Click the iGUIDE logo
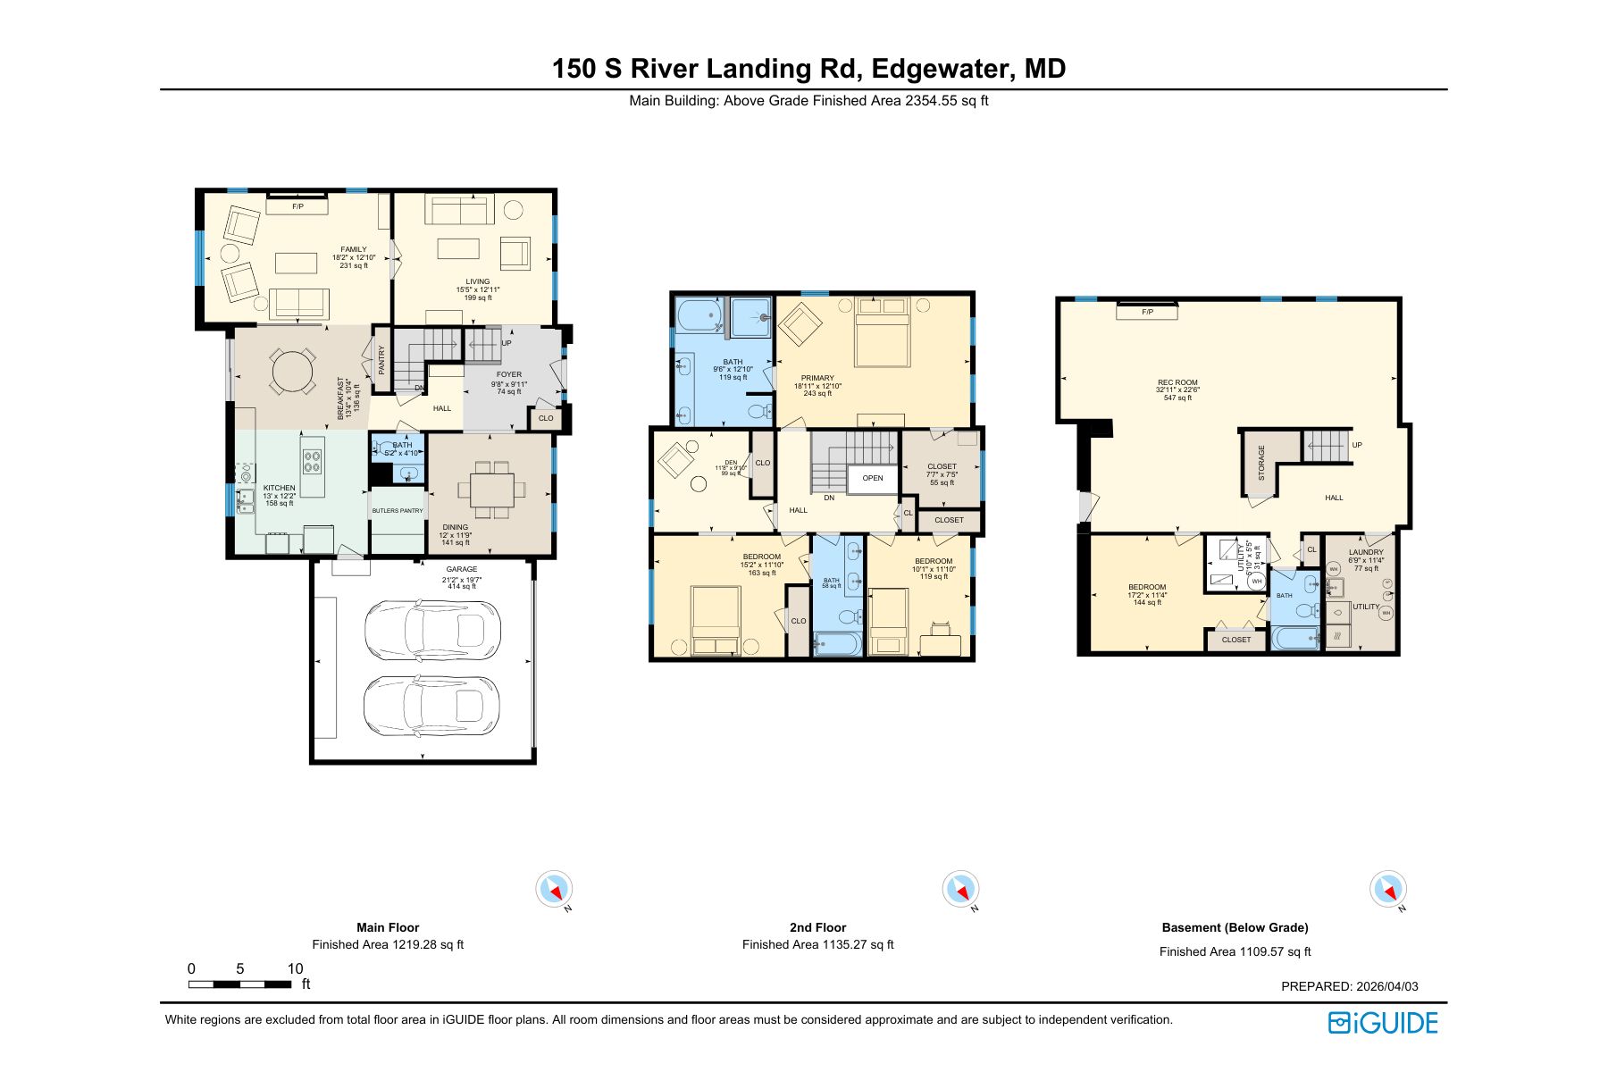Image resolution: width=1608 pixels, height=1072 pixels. [1383, 1023]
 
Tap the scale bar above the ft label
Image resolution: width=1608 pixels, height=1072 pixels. [239, 984]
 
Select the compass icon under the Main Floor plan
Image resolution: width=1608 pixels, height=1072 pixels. [554, 889]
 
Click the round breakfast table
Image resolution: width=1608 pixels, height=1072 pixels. [293, 372]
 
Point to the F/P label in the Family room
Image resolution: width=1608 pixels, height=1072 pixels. [297, 206]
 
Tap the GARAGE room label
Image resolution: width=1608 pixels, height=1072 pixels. [462, 569]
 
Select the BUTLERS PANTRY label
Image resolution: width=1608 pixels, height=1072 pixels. [398, 511]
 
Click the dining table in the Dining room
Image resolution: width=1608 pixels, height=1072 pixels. [486, 490]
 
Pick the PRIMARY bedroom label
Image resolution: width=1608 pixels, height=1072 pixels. [817, 378]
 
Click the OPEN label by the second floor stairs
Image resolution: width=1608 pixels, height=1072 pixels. [873, 478]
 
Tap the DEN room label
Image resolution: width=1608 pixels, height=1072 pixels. [731, 462]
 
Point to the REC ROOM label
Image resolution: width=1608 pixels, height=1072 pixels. [1177, 382]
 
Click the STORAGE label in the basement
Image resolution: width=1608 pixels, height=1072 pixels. [1261, 463]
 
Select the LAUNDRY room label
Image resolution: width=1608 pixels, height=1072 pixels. [1366, 552]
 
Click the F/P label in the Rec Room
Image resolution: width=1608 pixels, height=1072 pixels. [1147, 312]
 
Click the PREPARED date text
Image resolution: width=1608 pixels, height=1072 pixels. [1350, 986]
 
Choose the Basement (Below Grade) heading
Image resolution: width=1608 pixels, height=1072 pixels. [1235, 927]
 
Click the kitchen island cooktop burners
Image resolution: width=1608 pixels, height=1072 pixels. [312, 461]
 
